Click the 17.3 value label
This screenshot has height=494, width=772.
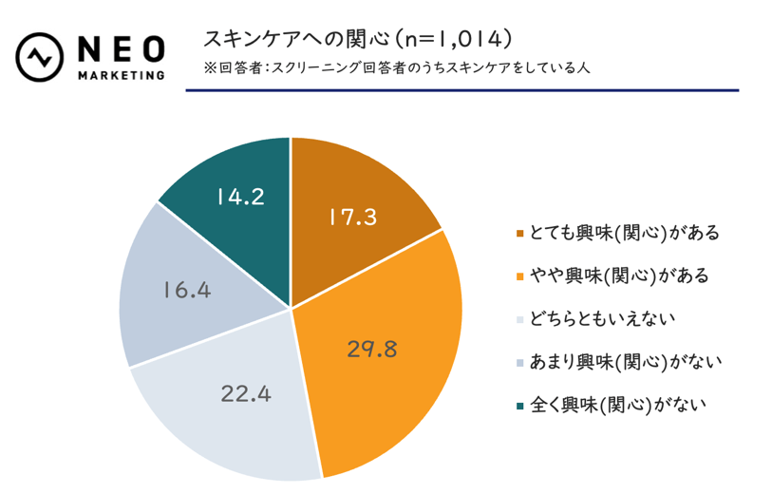pos(352,217)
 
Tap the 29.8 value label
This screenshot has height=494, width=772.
pos(371,348)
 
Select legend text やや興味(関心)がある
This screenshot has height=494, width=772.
pos(617,275)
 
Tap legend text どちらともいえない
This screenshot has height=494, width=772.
pos(609,318)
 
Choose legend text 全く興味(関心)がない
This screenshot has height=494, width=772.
pos(617,405)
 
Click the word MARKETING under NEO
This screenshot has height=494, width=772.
pos(119,74)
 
